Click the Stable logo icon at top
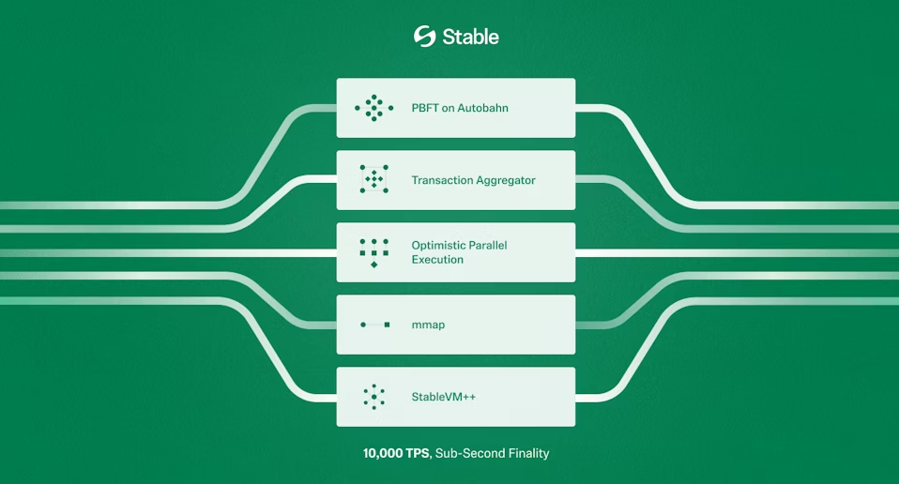click(425, 36)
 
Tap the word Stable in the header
click(471, 37)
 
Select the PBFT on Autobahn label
click(460, 108)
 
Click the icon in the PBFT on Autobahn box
click(373, 108)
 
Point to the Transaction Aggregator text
click(474, 180)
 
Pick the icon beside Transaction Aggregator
click(373, 179)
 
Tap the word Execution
click(437, 260)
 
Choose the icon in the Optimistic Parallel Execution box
click(373, 253)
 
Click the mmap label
click(428, 325)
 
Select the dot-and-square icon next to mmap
click(375, 325)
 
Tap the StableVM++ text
click(444, 397)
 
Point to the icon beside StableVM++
click(373, 397)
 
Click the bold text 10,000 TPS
click(396, 453)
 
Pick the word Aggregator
click(506, 181)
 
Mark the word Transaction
click(441, 180)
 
